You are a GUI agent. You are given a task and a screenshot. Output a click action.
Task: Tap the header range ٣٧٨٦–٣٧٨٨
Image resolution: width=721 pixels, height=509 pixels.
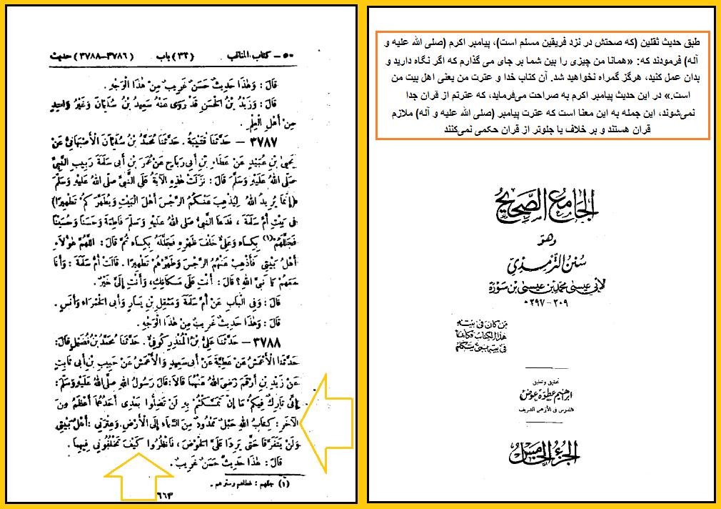(89, 55)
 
